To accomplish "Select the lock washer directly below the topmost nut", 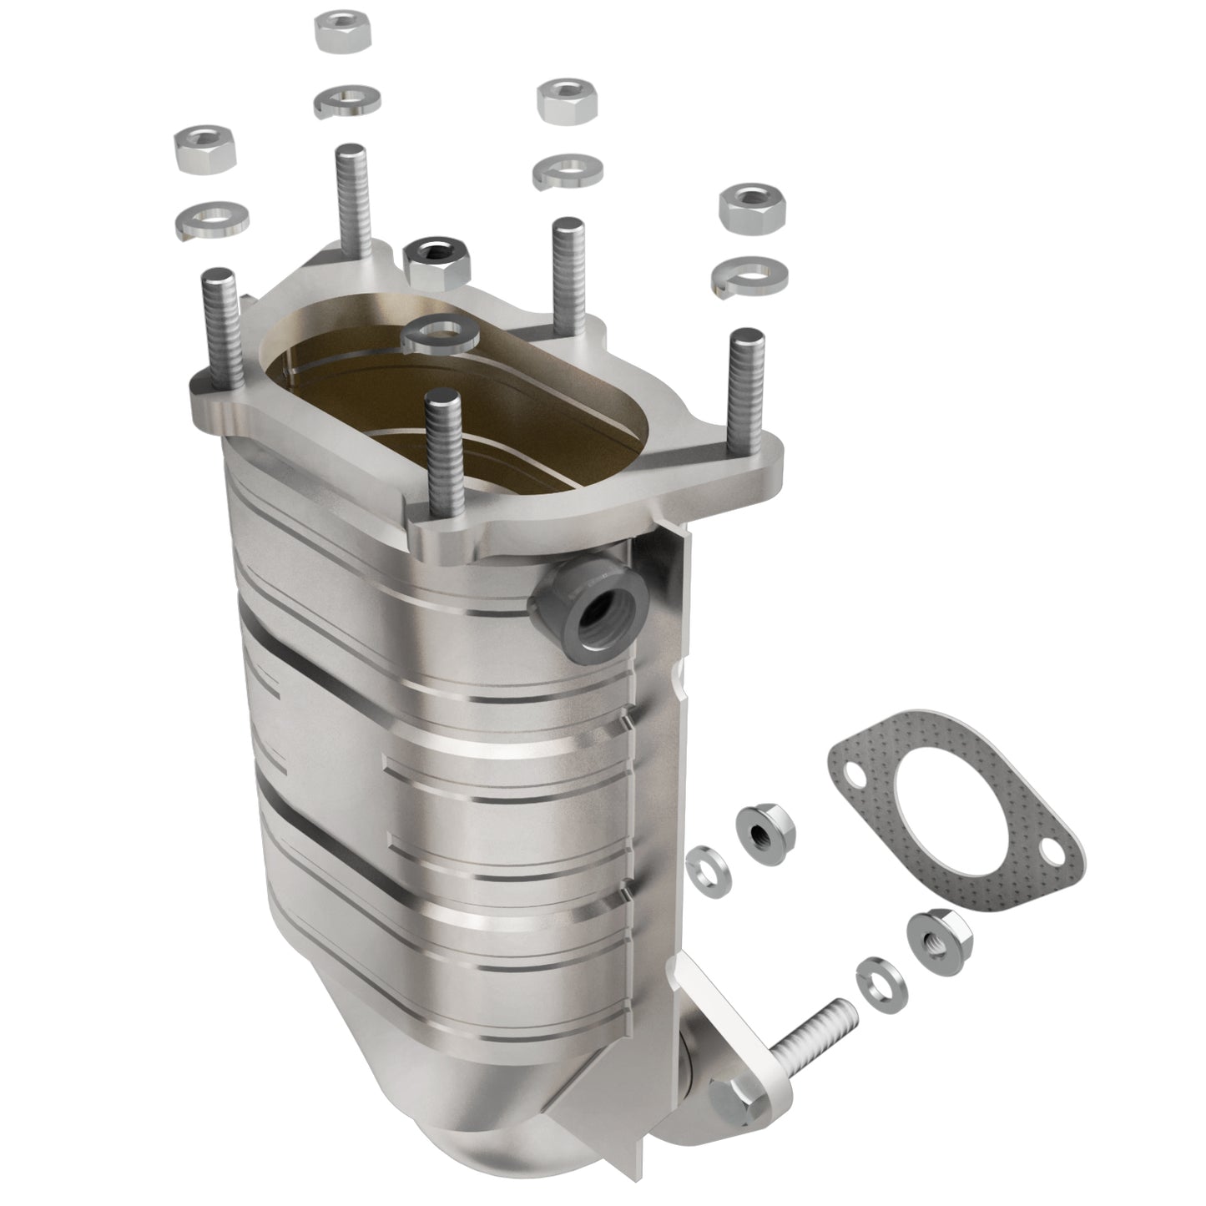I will [347, 100].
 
